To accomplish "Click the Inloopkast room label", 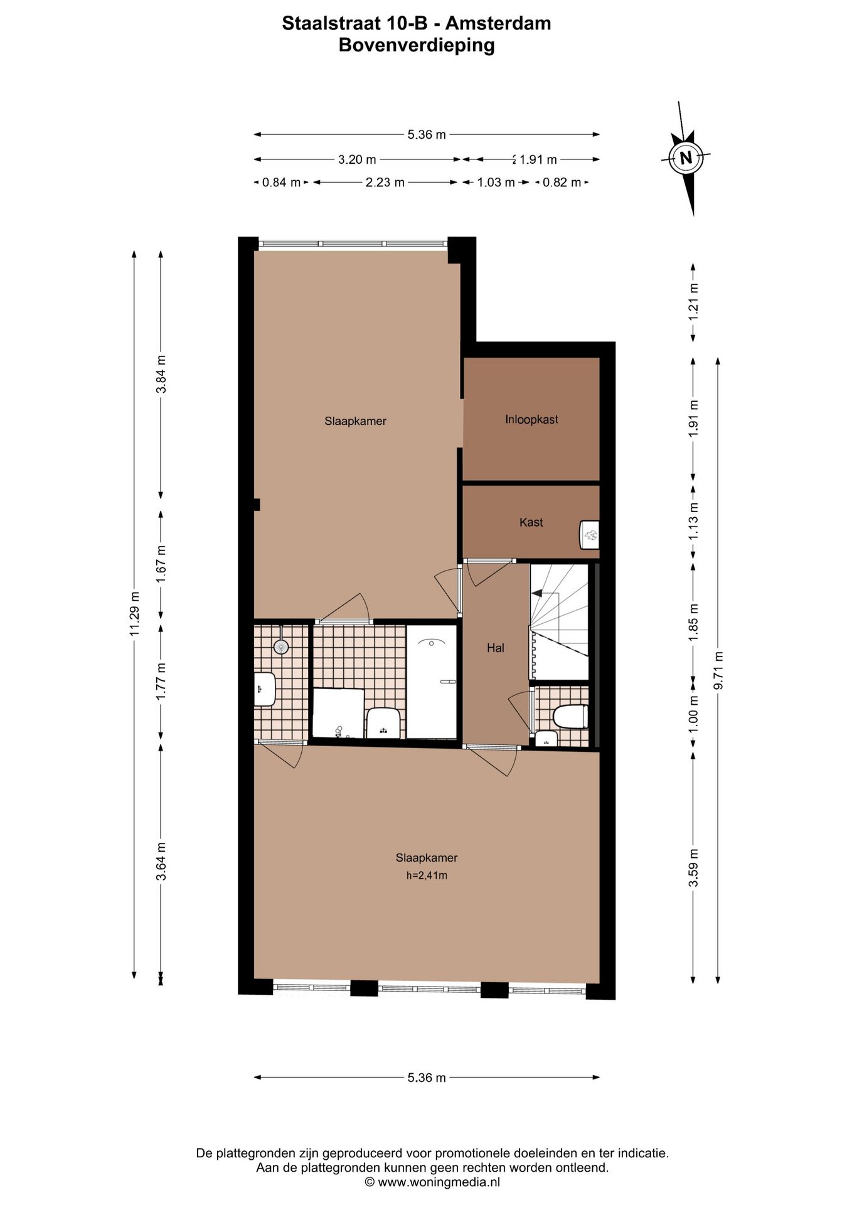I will coord(531,419).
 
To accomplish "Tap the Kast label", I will coord(531,522).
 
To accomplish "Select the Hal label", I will coord(495,648).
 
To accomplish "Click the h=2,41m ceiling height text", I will coord(427,876).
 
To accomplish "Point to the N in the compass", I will coord(686,158).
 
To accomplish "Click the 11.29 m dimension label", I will coord(134,614).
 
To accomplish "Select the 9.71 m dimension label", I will coord(719,670).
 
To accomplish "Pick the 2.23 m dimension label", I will coord(385,183).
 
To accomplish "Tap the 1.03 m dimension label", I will coord(496,183).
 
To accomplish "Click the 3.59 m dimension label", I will coord(693,868).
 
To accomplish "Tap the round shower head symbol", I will coord(281,646).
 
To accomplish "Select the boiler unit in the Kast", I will coord(589,535).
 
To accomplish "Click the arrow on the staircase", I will coord(536,592).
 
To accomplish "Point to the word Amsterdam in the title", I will coord(498,23).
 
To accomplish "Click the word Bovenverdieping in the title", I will coord(417,45).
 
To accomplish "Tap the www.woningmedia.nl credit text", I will coord(439,1182).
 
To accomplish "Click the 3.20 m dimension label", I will coord(357,159).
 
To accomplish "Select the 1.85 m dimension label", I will coord(693,621).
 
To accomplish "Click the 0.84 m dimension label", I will coord(281,183).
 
